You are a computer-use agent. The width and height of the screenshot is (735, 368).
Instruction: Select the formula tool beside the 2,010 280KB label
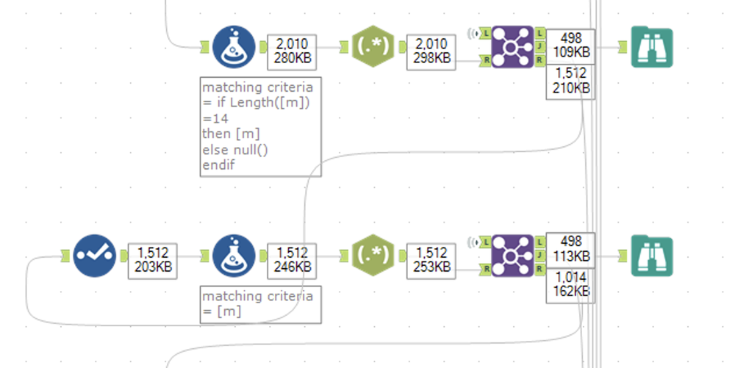pyautogui.click(x=234, y=47)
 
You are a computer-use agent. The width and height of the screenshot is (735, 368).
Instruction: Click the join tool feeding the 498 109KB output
pyautogui.click(x=512, y=47)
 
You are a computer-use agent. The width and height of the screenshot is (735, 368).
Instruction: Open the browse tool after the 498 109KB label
pyautogui.click(x=652, y=47)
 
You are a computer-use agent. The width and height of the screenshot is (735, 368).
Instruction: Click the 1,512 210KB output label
pyautogui.click(x=570, y=81)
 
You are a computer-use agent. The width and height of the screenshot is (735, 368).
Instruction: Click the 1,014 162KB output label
pyautogui.click(x=570, y=285)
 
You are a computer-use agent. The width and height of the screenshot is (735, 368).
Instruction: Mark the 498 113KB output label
pyautogui.click(x=570, y=250)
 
